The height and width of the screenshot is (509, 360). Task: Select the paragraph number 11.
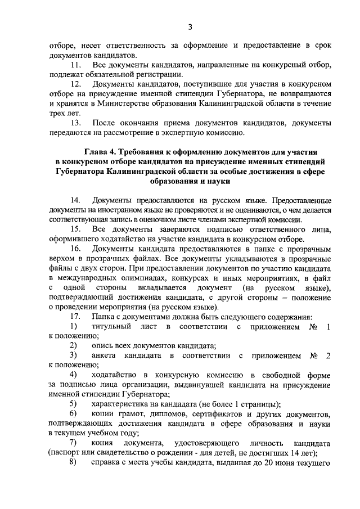click(75, 66)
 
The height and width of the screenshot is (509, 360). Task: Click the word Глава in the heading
click(98, 152)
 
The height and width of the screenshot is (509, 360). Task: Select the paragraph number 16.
click(75, 249)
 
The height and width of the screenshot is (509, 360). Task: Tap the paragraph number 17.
click(75, 317)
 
